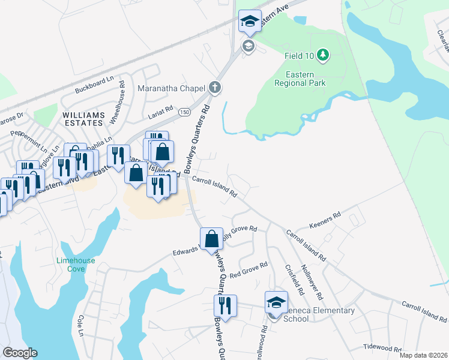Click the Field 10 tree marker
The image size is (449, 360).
tap(324, 56)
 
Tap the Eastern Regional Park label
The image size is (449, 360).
tap(300, 79)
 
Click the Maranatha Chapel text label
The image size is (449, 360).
tap(171, 88)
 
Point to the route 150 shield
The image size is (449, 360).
tap(185, 113)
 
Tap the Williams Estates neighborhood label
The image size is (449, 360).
tap(83, 118)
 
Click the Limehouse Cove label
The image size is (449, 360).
tap(76, 265)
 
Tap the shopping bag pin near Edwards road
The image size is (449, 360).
tap(211, 239)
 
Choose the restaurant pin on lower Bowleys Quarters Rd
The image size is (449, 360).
tap(225, 305)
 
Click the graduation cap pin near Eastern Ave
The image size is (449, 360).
tap(250, 22)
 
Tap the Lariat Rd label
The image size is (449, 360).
tap(161, 109)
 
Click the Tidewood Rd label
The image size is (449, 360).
tap(382, 347)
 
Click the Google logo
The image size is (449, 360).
tap(20, 353)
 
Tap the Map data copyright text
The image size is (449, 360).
tap(424, 355)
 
